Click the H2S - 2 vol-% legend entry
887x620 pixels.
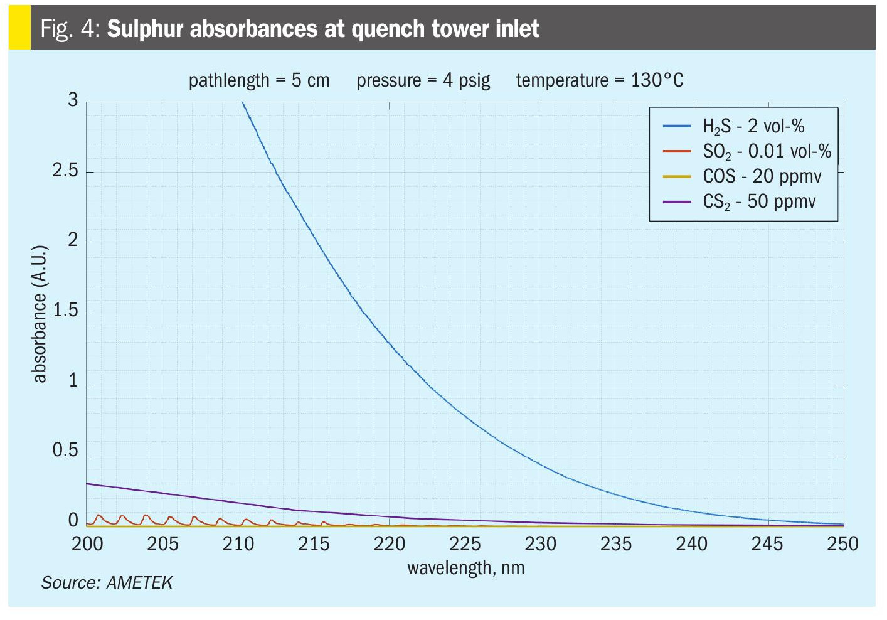click(x=753, y=126)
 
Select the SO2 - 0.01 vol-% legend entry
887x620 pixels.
click(x=766, y=151)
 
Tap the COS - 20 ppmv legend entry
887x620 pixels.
click(x=761, y=176)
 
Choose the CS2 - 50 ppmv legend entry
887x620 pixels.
click(x=758, y=201)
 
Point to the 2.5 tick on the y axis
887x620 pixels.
click(x=65, y=171)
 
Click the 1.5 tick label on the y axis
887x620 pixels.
click(x=65, y=311)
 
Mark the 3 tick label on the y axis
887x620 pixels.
click(x=73, y=100)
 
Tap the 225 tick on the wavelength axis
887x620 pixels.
click(x=465, y=543)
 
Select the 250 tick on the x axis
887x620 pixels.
click(x=842, y=543)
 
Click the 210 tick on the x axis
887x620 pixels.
click(x=238, y=543)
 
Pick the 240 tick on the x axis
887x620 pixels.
click(x=691, y=543)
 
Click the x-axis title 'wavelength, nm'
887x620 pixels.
click(x=465, y=568)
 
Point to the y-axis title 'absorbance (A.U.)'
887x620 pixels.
click(x=40, y=314)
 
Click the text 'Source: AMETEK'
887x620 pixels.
click(x=107, y=583)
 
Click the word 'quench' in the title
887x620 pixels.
click(x=388, y=29)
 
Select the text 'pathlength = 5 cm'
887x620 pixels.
click(x=259, y=80)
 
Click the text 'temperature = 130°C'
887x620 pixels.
click(x=599, y=80)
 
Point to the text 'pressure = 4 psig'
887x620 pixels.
click(x=423, y=80)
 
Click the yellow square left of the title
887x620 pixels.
click(x=19, y=28)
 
